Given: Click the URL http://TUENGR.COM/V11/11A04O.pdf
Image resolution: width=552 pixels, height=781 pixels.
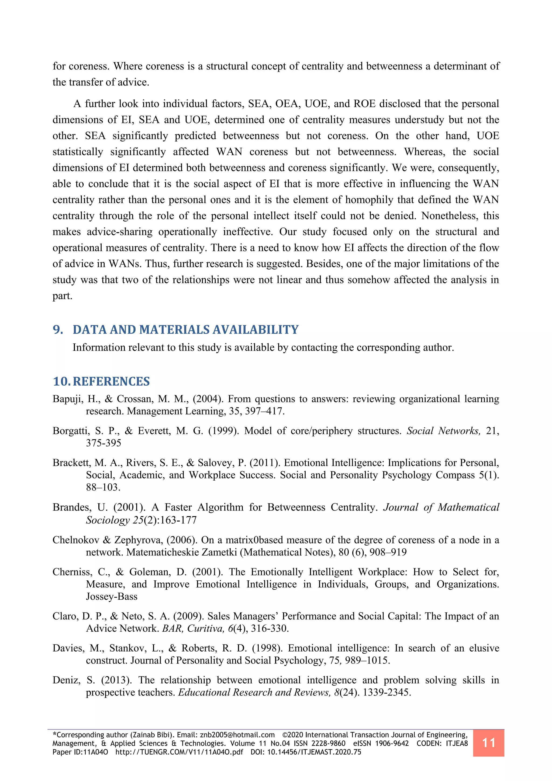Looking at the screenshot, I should (179, 752).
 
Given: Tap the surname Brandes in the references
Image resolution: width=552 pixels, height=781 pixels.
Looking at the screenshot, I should (72, 507).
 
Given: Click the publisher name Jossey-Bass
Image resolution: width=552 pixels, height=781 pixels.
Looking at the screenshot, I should (112, 596).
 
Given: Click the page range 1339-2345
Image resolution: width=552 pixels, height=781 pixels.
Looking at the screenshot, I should (387, 692).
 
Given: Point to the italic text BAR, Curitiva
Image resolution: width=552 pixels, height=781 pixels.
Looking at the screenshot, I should (193, 628).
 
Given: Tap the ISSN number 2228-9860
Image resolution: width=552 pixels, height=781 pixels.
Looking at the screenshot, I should (329, 743).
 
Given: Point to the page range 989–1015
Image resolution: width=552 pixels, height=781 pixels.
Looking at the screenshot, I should (367, 660).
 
